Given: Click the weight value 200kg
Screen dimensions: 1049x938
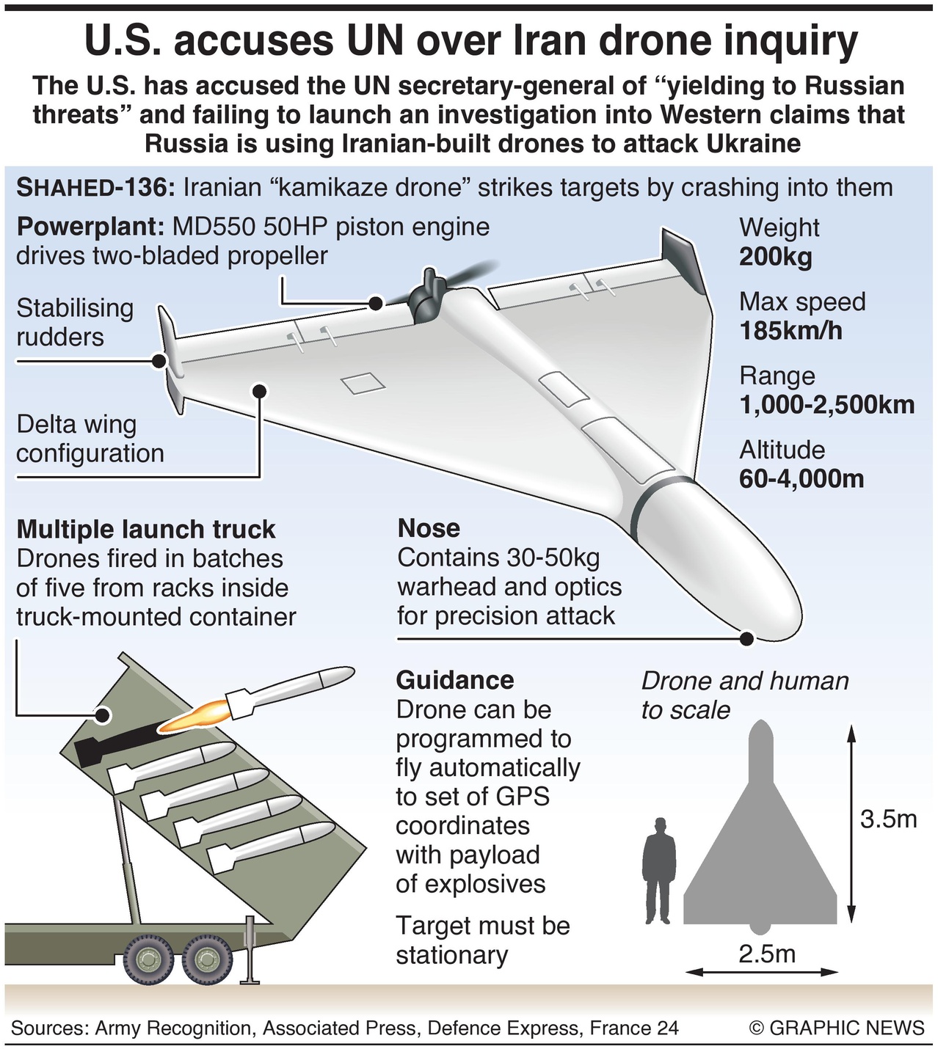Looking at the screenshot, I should coord(775,257).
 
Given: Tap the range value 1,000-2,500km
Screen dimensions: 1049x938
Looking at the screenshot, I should coord(826,405).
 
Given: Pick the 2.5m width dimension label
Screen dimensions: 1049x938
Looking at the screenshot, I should coord(767,954).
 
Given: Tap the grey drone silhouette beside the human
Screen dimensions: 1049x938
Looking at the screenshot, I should coord(760,851).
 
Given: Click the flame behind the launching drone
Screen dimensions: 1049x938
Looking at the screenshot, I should coord(192,718).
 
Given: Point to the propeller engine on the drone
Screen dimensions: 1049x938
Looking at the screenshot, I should coord(424,298).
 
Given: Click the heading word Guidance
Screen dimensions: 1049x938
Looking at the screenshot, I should coord(455,680).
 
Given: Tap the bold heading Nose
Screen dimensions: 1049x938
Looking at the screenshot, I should coord(429,528).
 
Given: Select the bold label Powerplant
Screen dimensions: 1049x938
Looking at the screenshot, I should coord(88,227).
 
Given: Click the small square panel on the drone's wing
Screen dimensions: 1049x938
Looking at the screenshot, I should coord(363,383).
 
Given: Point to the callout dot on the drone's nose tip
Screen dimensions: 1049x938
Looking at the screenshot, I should coord(747,638).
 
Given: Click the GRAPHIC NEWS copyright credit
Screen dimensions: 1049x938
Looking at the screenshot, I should coord(837,1028).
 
